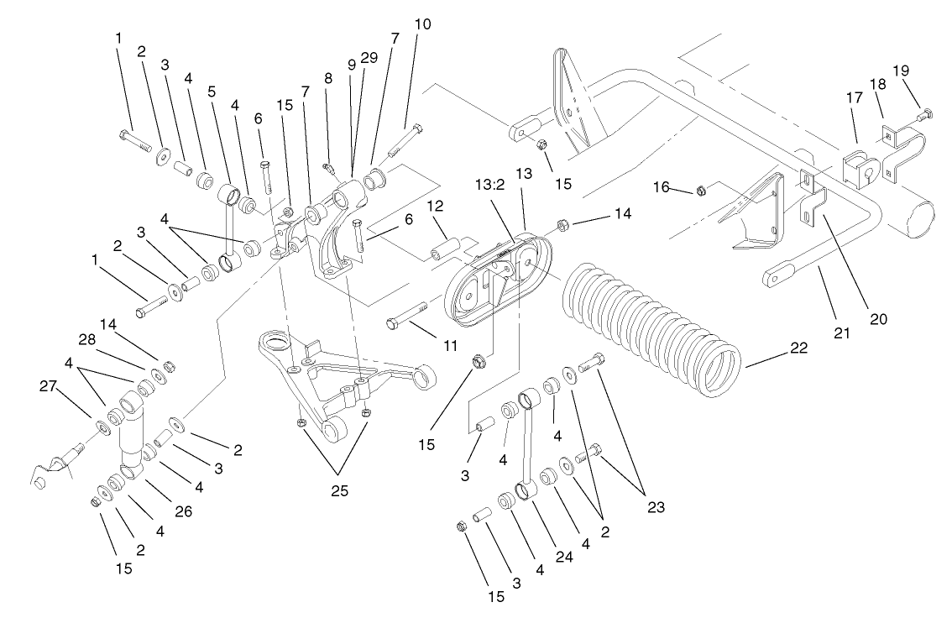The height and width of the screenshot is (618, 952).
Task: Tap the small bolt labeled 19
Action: point(923,113)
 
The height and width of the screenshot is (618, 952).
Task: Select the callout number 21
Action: point(842,333)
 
